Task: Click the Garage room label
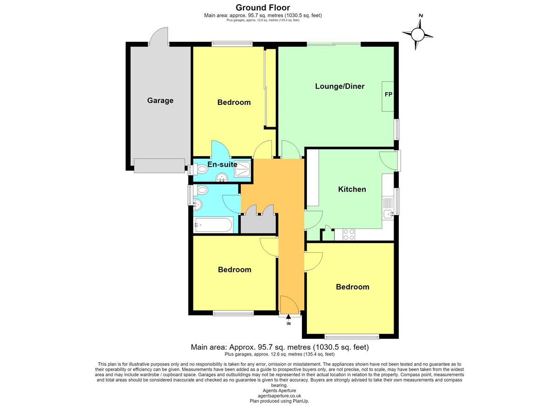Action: pos(160,101)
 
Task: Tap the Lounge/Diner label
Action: pos(340,86)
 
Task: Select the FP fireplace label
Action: pos(389,94)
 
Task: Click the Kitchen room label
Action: pos(352,189)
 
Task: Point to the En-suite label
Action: pos(222,164)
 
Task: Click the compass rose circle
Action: pos(417,34)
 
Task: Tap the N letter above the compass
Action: pos(421,16)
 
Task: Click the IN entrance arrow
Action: pos(288,317)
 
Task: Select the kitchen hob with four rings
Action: pos(349,234)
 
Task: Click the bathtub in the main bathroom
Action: pos(214,225)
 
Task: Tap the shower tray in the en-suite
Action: pos(242,169)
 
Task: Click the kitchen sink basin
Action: pos(389,214)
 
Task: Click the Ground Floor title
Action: pos(263,8)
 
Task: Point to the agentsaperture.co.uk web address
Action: pos(279,396)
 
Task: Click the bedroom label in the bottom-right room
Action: pos(352,287)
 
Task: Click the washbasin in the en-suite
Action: pos(221,178)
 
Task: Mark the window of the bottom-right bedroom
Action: pos(352,337)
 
